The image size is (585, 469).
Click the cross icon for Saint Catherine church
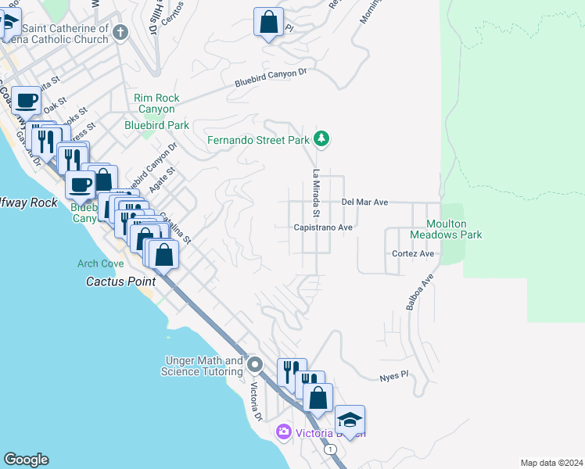click(120, 32)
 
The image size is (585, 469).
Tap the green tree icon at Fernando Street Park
click(321, 140)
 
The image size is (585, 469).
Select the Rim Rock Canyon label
click(156, 103)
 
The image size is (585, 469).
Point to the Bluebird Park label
click(156, 125)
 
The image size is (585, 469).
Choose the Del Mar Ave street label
click(364, 202)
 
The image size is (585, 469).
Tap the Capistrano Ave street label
click(323, 227)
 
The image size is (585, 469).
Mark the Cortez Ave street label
click(415, 254)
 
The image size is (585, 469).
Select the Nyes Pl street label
click(393, 376)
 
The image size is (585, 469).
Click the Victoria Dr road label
click(255, 400)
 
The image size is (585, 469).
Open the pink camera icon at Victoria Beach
click(283, 431)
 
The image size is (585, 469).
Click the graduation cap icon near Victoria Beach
click(350, 419)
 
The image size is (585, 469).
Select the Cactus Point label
click(117, 281)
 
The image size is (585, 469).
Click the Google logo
click(26, 460)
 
